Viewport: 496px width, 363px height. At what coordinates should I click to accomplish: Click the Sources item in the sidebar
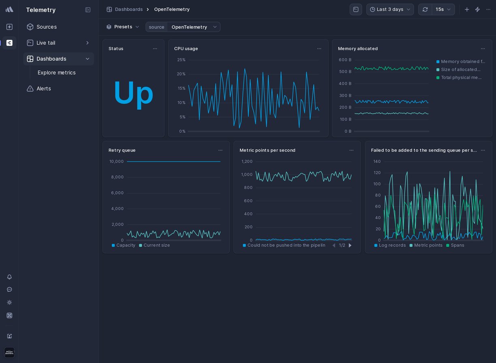[x=46, y=27]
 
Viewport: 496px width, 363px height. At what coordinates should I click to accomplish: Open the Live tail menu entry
[x=46, y=43]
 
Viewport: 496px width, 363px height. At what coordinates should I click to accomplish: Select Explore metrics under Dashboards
[x=56, y=73]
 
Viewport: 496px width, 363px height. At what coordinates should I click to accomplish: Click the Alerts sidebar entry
[x=43, y=89]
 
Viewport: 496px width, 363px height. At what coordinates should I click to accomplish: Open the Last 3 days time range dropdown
[x=390, y=9]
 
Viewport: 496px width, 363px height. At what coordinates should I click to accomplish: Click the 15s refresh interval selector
[x=443, y=9]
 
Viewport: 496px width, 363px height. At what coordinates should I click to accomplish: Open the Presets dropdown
[x=123, y=27]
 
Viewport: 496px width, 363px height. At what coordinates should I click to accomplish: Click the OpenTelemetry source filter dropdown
[x=194, y=27]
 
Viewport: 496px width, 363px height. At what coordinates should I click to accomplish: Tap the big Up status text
[x=133, y=93]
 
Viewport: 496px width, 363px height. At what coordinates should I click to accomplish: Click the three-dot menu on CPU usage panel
[x=319, y=49]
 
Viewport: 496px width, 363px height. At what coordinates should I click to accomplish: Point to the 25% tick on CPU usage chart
[x=181, y=60]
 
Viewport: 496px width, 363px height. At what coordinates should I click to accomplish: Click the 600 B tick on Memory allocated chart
[x=345, y=60]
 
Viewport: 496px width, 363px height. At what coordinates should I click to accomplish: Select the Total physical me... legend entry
[x=461, y=77]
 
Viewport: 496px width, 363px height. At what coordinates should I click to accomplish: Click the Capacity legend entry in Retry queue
[x=126, y=246]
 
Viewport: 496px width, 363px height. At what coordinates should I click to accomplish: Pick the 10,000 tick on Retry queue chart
[x=116, y=162]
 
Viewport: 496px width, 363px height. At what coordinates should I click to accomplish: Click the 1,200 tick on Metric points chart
[x=247, y=162]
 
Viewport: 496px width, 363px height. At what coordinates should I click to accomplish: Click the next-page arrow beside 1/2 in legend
[x=350, y=246]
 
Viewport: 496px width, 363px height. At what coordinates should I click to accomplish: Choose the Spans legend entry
[x=457, y=246]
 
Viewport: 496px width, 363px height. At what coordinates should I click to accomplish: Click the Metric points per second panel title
[x=267, y=150]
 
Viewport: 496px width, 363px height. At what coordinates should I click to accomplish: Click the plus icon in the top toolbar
[x=467, y=9]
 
